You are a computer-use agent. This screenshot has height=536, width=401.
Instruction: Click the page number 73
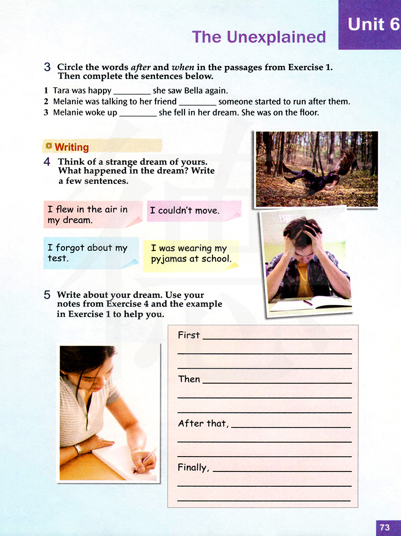pyautogui.click(x=385, y=527)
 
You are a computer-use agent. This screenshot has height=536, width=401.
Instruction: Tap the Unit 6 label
pyautogui.click(x=373, y=24)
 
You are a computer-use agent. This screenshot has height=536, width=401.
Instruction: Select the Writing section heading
pyautogui.click(x=71, y=147)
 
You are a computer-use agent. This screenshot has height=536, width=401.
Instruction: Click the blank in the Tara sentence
pyautogui.click(x=132, y=91)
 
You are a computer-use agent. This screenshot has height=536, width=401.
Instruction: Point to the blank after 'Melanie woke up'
pyautogui.click(x=138, y=114)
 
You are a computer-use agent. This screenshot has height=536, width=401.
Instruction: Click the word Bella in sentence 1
pyautogui.click(x=193, y=91)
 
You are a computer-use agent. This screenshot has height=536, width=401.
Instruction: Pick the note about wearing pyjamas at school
pyautogui.click(x=190, y=254)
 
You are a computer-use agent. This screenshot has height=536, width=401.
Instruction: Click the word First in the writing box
pyautogui.click(x=188, y=335)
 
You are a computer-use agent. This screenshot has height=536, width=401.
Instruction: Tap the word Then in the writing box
pyautogui.click(x=189, y=380)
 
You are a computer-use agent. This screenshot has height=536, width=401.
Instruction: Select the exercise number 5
pyautogui.click(x=47, y=295)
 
